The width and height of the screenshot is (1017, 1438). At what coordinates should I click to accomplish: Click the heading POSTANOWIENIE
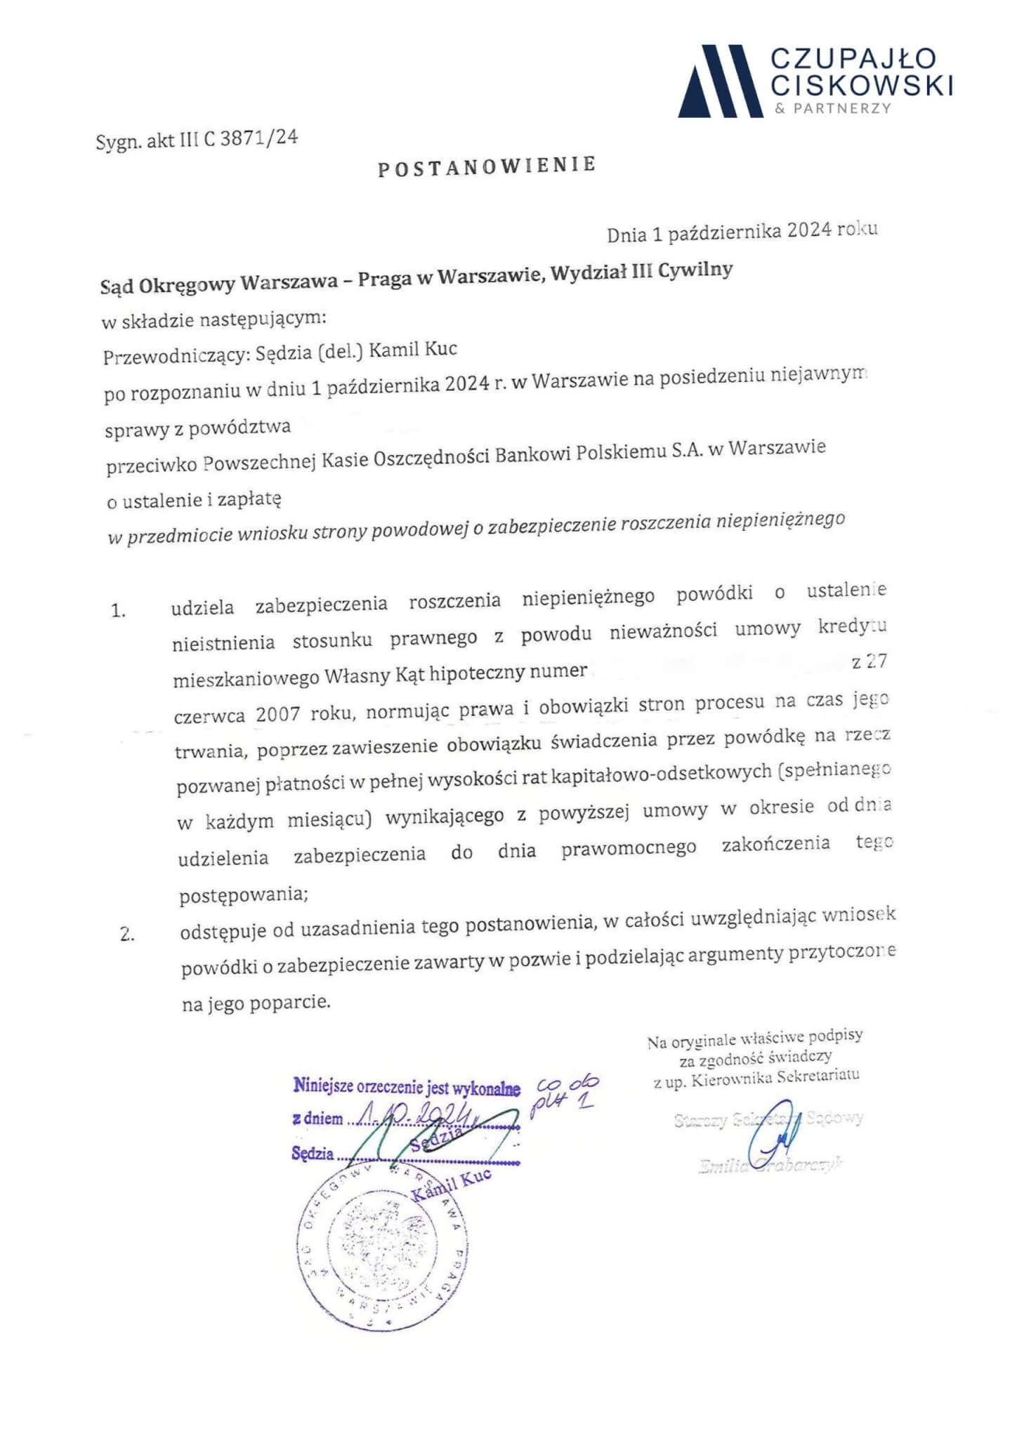click(x=487, y=167)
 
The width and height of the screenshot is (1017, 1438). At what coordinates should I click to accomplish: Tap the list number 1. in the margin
click(x=118, y=611)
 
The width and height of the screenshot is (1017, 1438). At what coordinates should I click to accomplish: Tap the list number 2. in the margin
click(x=127, y=935)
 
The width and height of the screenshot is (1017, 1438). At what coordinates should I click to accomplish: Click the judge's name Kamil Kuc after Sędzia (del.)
click(x=413, y=350)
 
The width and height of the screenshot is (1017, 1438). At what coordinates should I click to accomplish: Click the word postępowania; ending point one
click(x=244, y=896)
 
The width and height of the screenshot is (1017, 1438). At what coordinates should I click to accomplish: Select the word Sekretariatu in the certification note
click(x=818, y=1076)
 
